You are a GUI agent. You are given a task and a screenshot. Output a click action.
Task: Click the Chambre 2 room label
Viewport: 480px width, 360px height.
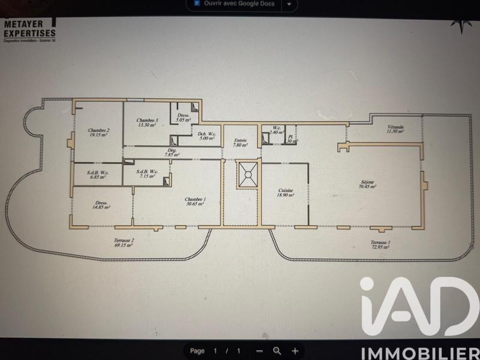[97, 133]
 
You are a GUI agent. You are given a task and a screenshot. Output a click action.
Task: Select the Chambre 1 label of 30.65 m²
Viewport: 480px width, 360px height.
[194, 201]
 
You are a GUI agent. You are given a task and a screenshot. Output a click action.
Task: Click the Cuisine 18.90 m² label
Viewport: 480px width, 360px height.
[285, 193]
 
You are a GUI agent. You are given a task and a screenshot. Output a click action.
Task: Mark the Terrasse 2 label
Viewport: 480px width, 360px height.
[124, 242]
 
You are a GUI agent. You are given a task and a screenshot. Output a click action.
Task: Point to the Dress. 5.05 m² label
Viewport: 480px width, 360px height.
[182, 117]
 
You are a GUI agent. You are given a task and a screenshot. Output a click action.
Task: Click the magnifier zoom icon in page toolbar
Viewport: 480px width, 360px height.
[277, 350]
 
